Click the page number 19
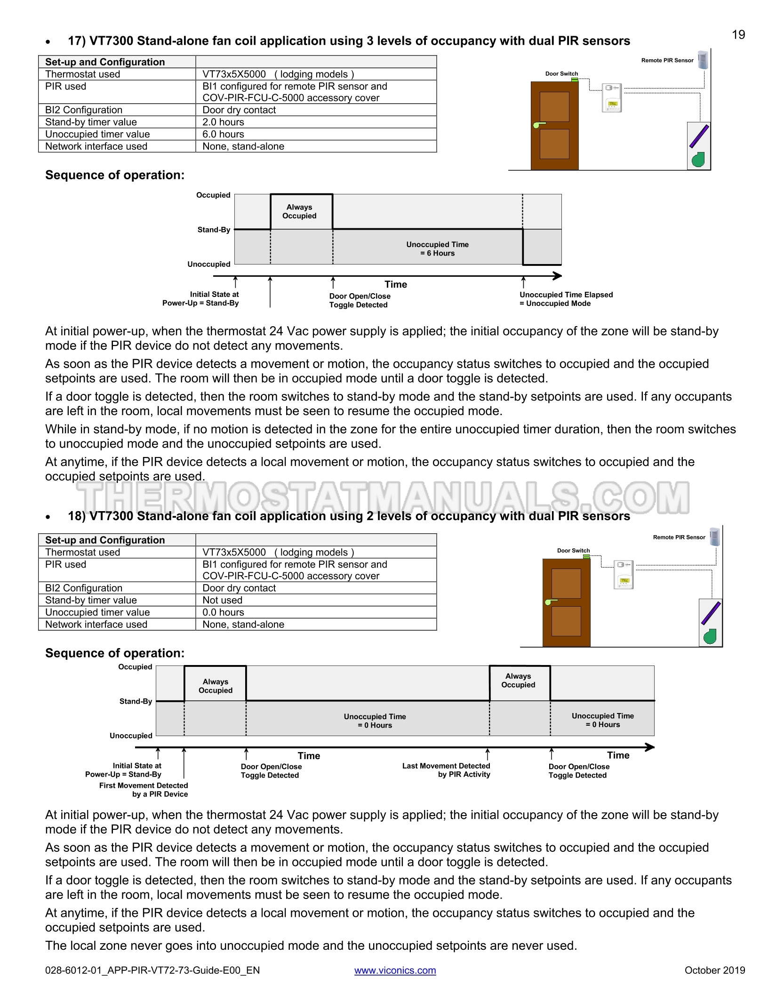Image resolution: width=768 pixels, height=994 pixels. point(738,35)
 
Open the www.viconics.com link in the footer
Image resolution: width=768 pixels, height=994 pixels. point(395,970)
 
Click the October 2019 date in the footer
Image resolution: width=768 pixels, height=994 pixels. point(714,970)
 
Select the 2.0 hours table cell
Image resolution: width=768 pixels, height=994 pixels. point(223,122)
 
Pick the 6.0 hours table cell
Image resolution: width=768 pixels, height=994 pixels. point(223,134)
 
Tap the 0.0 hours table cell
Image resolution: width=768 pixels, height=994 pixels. point(223,612)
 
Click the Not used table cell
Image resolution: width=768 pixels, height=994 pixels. point(222,600)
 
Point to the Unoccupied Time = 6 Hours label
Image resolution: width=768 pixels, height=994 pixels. point(437,249)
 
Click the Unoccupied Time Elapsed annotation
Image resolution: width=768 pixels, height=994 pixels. point(566,299)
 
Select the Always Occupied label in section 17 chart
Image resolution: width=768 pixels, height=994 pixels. point(299,211)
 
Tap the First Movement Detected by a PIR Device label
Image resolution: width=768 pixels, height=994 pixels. point(144,790)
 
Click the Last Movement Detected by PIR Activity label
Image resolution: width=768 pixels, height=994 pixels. point(446,770)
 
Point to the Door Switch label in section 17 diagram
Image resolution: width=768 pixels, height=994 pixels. point(561,74)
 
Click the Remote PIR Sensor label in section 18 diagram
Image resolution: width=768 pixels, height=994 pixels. point(679,537)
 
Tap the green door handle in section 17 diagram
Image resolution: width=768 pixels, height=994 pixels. point(538,125)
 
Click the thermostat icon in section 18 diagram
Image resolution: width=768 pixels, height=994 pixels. point(624,575)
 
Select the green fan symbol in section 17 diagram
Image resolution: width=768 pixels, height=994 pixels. point(698,160)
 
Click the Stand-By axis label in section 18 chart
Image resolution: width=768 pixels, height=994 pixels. point(136,701)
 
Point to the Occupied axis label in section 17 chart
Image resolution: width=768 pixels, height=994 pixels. point(213,195)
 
